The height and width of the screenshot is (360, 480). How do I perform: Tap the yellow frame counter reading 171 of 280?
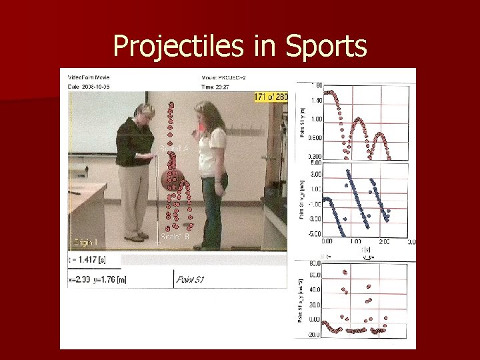(x=271, y=97)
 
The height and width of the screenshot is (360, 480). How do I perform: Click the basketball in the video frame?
(x=171, y=179)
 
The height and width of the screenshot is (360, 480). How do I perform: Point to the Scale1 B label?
(x=175, y=237)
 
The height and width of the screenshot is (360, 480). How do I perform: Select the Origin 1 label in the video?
(x=85, y=241)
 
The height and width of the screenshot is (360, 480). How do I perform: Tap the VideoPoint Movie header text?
(x=87, y=77)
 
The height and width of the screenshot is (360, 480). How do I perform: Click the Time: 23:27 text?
(x=215, y=86)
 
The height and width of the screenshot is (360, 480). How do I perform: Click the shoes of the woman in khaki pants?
(x=137, y=237)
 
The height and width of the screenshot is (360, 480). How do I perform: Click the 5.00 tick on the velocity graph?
(x=316, y=162)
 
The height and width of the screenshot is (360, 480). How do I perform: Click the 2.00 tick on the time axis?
(x=385, y=242)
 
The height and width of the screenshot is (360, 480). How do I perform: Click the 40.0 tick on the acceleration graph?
(x=315, y=290)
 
